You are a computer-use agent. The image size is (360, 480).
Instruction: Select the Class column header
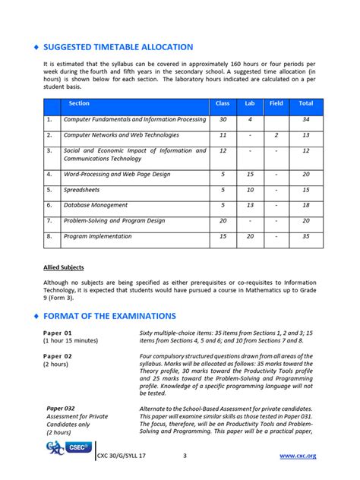(223, 103)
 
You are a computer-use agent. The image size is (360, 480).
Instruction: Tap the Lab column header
(250, 103)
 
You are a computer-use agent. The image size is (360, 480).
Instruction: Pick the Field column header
(276, 103)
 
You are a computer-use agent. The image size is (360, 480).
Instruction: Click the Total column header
(305, 103)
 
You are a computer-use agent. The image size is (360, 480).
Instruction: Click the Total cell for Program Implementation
(305, 236)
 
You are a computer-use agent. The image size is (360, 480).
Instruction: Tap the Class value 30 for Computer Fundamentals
(223, 119)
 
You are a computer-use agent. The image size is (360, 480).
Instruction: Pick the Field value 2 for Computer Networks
(276, 135)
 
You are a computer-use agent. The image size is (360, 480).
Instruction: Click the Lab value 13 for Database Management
(250, 205)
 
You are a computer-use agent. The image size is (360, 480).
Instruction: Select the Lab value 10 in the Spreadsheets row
(250, 190)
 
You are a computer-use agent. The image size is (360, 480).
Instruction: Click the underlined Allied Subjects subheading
(63, 267)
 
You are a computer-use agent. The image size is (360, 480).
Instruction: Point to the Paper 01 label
(58, 333)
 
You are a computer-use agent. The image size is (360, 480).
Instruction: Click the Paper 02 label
(58, 355)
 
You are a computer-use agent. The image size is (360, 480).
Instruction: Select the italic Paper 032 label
(61, 408)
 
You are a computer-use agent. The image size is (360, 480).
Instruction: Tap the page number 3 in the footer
(185, 456)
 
